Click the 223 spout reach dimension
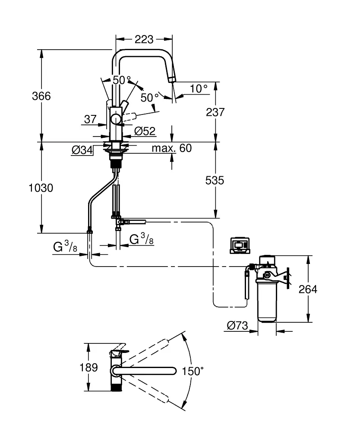pos(144,39)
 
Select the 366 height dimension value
pos(41,96)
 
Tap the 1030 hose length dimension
pos(40,188)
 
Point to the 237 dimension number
pos(215,112)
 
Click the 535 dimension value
pos(215,180)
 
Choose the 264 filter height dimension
pos(308,289)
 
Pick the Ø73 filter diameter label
pos(237,326)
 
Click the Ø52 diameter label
pos(145,131)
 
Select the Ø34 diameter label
pos(82,150)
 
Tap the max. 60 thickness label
pos(171,149)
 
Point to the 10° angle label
pos(199,89)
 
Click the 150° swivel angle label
pos(193,371)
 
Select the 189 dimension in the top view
pos(89,368)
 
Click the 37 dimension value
pos(90,120)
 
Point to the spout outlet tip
pos(172,79)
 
